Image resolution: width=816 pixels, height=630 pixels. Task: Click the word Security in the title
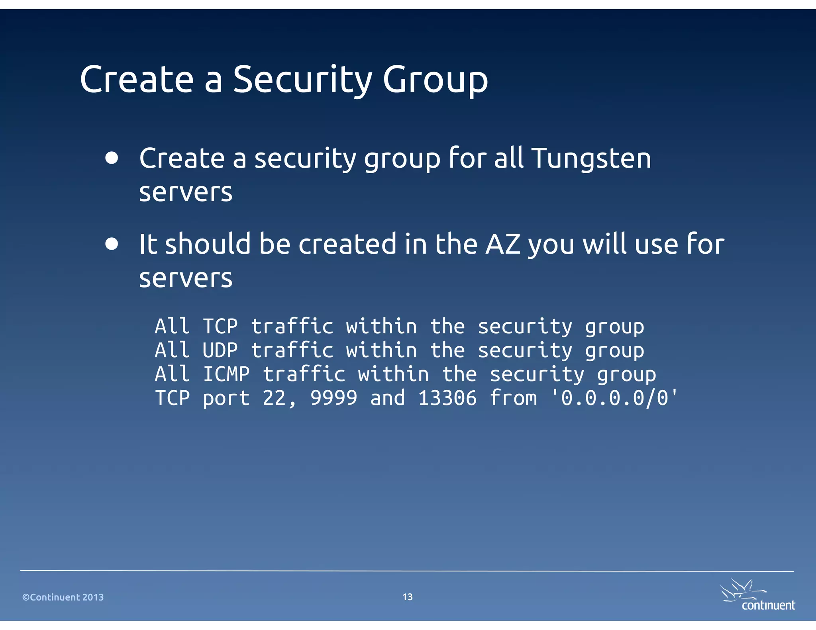click(302, 80)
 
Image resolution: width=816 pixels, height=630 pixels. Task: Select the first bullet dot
click(112, 158)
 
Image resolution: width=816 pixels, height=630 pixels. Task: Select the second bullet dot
click(112, 244)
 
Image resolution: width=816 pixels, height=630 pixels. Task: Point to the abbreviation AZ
click(503, 244)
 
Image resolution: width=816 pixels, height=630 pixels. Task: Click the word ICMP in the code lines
click(226, 374)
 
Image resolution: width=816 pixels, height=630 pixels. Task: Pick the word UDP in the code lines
click(220, 350)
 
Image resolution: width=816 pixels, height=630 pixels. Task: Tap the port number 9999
click(334, 398)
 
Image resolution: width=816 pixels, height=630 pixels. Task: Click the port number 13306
click(447, 398)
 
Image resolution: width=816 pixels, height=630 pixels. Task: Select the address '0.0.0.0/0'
click(614, 398)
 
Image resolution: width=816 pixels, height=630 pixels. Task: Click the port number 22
click(275, 398)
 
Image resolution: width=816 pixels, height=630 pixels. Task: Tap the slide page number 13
click(408, 597)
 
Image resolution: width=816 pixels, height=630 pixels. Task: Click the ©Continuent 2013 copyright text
click(63, 597)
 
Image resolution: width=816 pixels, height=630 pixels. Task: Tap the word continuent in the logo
click(768, 605)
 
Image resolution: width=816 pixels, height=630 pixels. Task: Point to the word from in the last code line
click(513, 398)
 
